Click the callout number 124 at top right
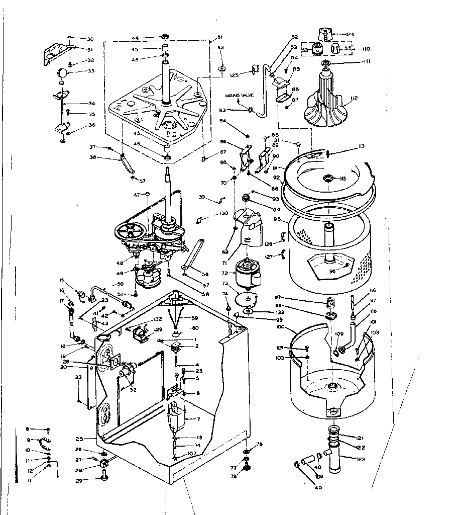tap(350, 34)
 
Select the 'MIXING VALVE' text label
tap(240, 95)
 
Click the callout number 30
tap(90, 39)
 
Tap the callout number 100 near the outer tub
tap(280, 327)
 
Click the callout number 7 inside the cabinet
tap(199, 419)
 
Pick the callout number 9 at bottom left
tap(28, 440)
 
